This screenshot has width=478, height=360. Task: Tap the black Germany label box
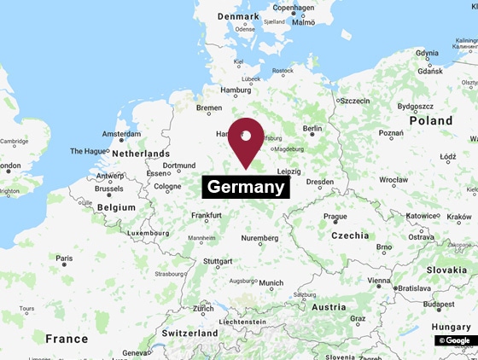click(246, 187)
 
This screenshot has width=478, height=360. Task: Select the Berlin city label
click(312, 129)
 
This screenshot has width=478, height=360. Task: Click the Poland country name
click(430, 121)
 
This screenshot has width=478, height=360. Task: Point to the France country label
click(67, 339)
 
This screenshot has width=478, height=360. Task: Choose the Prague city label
click(335, 217)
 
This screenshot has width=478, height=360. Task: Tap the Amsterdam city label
click(121, 134)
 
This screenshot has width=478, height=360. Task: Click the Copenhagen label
click(294, 8)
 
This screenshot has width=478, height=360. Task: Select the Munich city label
click(271, 283)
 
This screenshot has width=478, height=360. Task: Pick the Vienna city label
click(379, 281)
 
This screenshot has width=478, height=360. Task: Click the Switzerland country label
click(190, 333)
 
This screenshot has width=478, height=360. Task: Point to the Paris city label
click(64, 258)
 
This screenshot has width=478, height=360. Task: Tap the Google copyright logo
click(454, 340)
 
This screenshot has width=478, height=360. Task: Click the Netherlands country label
click(142, 154)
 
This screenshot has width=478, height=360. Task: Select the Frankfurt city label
click(207, 216)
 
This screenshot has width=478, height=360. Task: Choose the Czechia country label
click(350, 235)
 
